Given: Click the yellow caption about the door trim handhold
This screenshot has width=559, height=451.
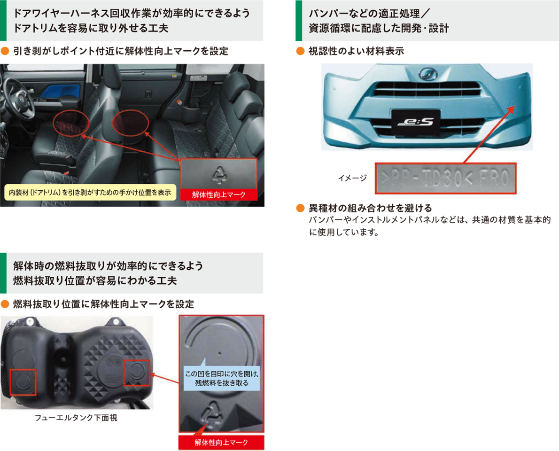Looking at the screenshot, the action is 90,193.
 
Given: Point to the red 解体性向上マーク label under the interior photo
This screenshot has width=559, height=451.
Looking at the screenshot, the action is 218,194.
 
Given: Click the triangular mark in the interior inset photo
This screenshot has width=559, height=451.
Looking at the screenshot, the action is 218,174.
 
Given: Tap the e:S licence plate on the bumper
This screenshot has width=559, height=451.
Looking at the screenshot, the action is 416,122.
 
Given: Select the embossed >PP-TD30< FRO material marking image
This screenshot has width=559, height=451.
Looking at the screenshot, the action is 446,178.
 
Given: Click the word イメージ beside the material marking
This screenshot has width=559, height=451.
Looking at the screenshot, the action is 352,178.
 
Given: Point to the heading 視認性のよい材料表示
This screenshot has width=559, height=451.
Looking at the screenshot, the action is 356,51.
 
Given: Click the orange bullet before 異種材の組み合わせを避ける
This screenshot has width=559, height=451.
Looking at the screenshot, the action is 301,208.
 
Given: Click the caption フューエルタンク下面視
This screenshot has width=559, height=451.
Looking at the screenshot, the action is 76,418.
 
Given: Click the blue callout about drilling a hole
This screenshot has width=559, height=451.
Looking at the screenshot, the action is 221,378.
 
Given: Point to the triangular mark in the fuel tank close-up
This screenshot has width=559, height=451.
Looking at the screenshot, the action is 213,416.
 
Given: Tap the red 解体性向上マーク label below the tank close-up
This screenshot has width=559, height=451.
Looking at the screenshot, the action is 221,443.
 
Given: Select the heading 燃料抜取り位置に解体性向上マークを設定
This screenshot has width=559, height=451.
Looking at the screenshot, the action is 103,304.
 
